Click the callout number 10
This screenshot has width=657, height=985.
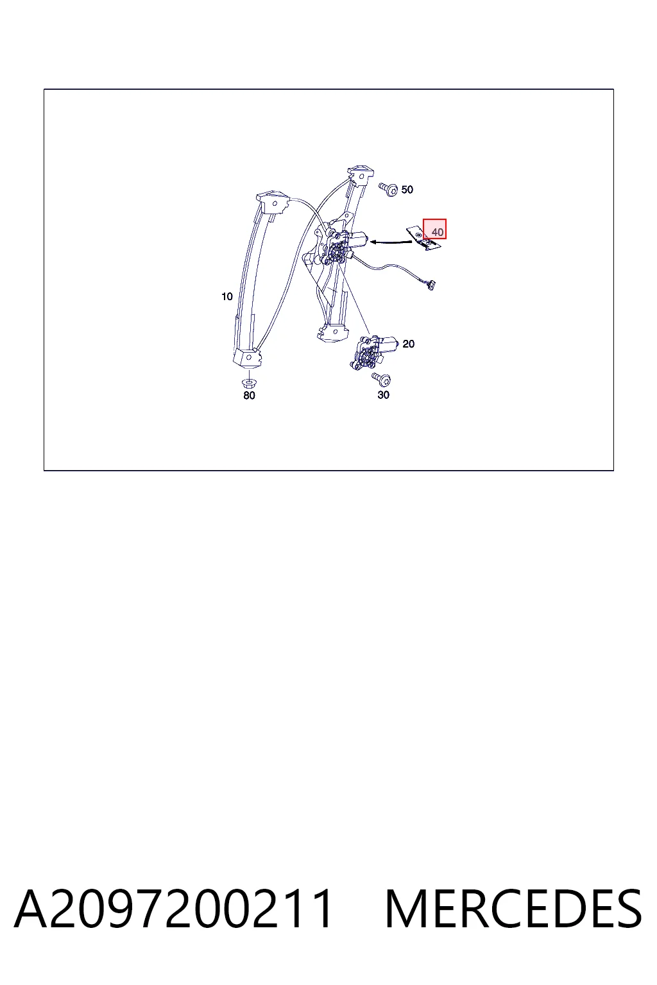pos(226,297)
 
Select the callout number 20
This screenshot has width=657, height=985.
pos(408,344)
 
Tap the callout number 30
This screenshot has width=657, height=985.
pos(383,395)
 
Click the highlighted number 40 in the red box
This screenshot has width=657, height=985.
pos(437,232)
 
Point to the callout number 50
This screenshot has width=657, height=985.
pos(407,190)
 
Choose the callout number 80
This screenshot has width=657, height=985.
pos(249,395)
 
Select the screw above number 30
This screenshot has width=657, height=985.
pos(382,378)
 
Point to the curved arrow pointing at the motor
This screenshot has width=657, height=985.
pos(391,241)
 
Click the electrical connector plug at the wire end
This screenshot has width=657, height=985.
pos(430,285)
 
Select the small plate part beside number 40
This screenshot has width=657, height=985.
pos(422,239)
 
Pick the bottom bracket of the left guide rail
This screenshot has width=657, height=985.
pos(248,357)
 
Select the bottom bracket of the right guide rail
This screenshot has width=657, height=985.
pos(333,332)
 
